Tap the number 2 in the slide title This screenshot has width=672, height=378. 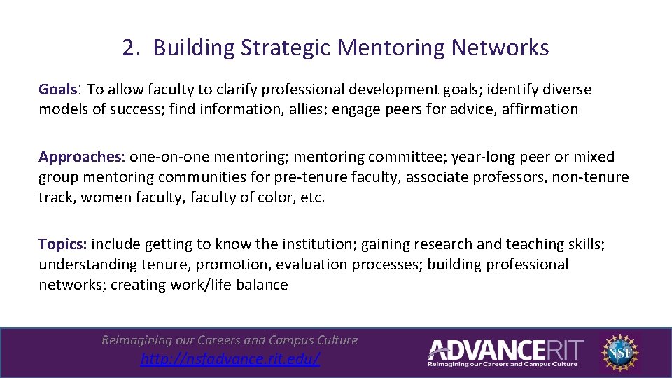pyautogui.click(x=129, y=48)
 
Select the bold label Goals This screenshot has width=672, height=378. pyautogui.click(x=57, y=90)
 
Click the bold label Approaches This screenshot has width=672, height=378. pyautogui.click(x=79, y=157)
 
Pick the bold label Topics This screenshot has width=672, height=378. pyautogui.click(x=62, y=244)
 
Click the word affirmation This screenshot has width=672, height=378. pyautogui.click(x=540, y=109)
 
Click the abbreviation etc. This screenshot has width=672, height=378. pyautogui.click(x=312, y=197)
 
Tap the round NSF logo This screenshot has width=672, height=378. pyautogui.click(x=620, y=351)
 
